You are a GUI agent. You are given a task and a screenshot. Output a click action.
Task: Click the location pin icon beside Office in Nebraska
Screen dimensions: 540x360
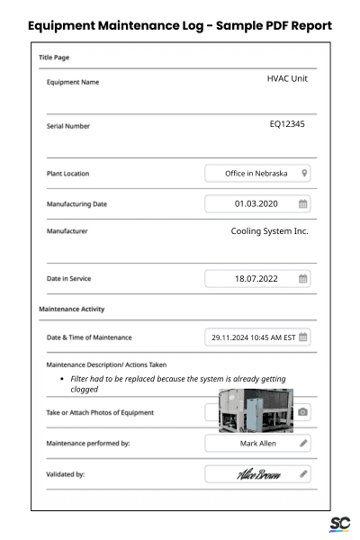coord(305,173)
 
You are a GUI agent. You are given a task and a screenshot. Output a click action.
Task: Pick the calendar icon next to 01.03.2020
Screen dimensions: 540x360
coord(303,203)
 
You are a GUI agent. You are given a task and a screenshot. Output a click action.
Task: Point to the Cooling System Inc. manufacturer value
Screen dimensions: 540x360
coord(269,231)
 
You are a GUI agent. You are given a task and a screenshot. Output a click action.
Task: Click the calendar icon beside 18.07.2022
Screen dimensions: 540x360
coord(303,279)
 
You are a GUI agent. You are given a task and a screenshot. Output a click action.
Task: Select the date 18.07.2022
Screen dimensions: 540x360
coord(254,279)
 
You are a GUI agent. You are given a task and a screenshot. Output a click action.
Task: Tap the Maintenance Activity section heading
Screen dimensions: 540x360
coord(72,310)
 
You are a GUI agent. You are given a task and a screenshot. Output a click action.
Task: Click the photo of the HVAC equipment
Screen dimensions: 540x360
coord(256,411)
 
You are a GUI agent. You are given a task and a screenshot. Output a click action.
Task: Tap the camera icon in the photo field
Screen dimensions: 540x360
coord(303,412)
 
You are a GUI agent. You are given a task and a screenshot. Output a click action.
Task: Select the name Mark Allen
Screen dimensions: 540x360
coord(255,443)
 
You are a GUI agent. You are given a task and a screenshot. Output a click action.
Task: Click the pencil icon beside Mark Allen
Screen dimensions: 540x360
coord(303,443)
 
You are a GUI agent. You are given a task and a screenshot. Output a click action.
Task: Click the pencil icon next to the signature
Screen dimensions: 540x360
coord(303,473)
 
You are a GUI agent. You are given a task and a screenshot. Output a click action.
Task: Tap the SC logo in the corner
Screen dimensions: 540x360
coord(339,524)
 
